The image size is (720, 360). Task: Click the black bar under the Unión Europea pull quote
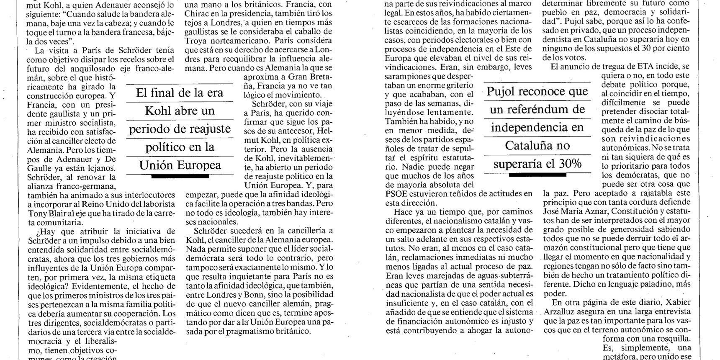180,177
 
